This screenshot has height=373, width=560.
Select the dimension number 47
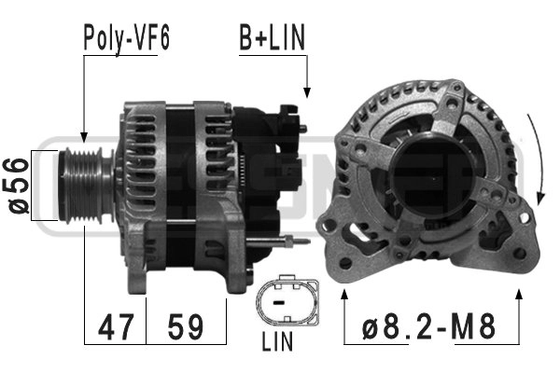point(116,327)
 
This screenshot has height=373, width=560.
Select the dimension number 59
point(186,327)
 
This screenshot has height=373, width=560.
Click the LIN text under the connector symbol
point(278,342)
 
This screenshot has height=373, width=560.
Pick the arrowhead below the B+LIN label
point(307,93)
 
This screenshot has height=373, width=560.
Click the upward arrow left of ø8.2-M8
point(346,297)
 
